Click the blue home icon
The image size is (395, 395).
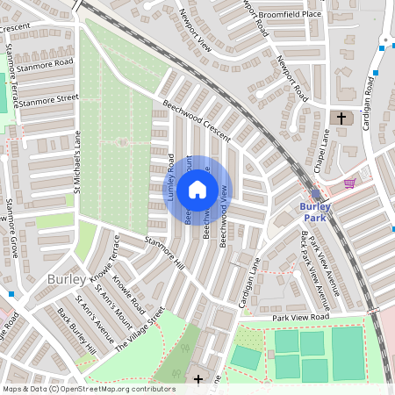[197, 190]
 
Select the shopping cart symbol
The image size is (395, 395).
[349, 183]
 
